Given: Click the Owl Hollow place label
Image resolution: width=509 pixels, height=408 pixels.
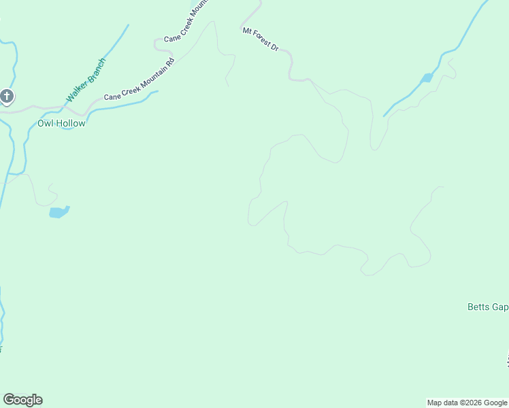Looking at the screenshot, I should pos(61,124).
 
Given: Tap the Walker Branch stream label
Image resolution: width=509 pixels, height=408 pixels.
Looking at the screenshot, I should pos(86,81).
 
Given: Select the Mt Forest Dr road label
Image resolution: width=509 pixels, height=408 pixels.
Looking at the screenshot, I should pos(261,39).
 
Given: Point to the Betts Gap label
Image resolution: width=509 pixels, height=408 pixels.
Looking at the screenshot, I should pos(487,307).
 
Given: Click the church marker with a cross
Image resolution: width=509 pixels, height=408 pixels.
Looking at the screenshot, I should pos(7,97).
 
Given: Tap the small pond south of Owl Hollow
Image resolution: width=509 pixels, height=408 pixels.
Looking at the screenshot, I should pos(59,212).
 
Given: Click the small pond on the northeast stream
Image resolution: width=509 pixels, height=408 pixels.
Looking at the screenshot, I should pos(427,78).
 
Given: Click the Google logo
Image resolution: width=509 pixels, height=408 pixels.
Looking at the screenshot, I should pos(22,400).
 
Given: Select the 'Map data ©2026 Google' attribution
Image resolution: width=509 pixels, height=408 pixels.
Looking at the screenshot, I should pos(467,403).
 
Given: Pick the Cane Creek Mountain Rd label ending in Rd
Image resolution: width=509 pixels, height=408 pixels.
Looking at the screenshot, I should pos(139,80).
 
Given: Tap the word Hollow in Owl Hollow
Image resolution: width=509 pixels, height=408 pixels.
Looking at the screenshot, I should pos(71,124).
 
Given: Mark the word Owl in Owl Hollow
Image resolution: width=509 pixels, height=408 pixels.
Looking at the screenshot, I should pos(46,124).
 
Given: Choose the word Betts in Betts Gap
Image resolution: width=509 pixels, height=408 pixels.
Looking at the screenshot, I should pos(478,307).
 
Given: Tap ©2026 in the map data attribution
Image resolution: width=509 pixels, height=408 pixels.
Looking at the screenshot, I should pos(465,403).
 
